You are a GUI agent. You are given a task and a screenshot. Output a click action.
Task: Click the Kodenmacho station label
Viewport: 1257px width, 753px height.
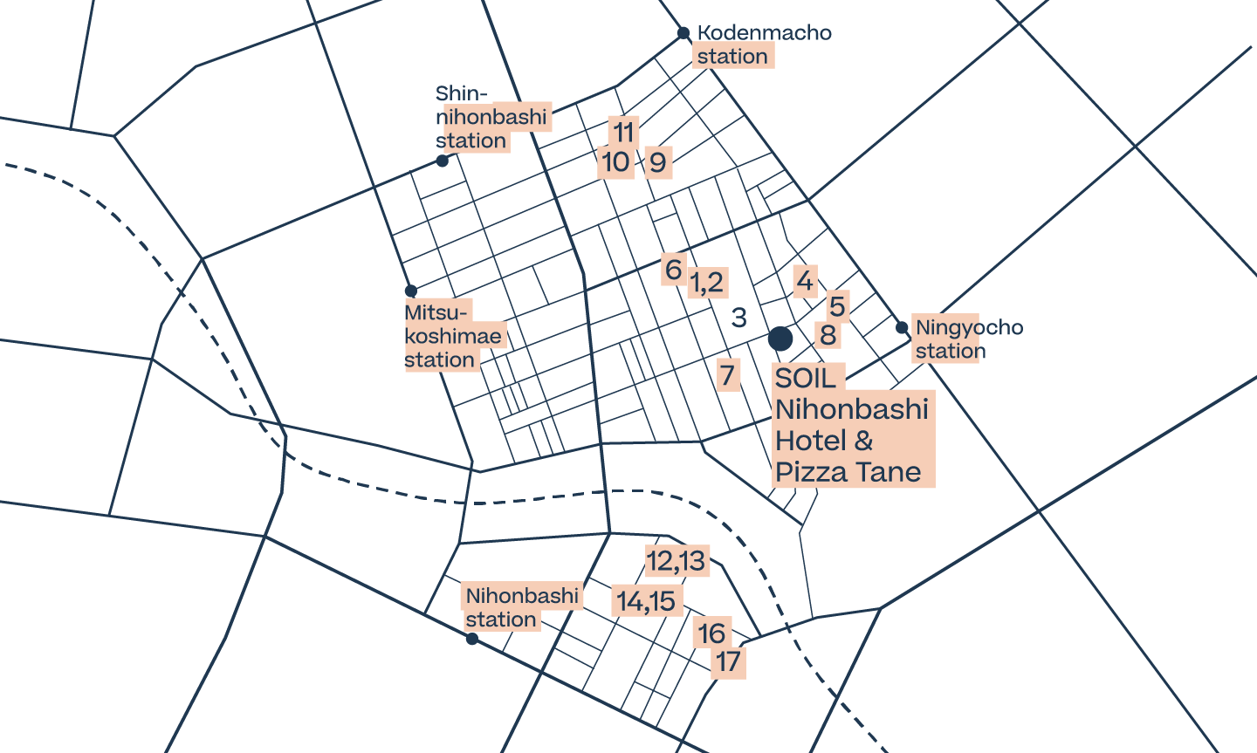click(762, 44)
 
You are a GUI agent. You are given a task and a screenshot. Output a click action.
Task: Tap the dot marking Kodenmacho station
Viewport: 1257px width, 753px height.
click(683, 33)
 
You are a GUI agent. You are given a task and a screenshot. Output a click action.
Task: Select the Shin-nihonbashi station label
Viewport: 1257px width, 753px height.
click(491, 118)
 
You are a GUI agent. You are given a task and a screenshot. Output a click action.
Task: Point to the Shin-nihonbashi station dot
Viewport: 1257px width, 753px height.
click(443, 161)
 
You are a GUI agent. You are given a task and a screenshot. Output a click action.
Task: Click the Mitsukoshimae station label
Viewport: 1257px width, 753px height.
click(453, 337)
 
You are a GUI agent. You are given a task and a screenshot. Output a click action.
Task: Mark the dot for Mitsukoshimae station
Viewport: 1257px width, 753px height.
click(410, 291)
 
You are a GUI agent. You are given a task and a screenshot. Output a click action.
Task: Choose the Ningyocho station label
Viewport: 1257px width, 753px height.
click(968, 339)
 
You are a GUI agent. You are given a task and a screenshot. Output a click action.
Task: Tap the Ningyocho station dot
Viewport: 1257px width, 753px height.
click(902, 327)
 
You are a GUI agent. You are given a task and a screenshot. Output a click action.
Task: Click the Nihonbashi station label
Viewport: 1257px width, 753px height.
click(521, 607)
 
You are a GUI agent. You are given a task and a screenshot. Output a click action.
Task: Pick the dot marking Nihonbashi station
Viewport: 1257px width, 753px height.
click(472, 639)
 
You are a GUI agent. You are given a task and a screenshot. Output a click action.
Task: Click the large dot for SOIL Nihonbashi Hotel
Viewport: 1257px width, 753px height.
click(780, 338)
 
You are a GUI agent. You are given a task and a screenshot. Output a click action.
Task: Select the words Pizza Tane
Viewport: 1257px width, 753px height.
click(848, 472)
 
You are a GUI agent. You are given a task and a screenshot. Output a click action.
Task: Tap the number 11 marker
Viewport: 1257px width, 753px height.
click(623, 132)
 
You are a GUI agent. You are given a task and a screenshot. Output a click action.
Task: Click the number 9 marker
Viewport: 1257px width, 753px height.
click(658, 162)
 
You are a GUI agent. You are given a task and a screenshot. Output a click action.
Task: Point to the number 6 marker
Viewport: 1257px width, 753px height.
click(673, 270)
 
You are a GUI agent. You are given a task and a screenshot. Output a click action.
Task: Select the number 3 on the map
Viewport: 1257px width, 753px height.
click(739, 318)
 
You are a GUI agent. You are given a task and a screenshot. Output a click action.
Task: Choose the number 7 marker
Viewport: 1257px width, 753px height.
click(728, 375)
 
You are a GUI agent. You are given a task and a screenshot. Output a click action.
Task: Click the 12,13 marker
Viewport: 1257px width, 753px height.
click(676, 561)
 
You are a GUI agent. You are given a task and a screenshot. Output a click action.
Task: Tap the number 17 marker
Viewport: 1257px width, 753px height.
click(729, 661)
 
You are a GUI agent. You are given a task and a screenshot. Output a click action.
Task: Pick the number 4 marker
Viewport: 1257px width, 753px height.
click(805, 281)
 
